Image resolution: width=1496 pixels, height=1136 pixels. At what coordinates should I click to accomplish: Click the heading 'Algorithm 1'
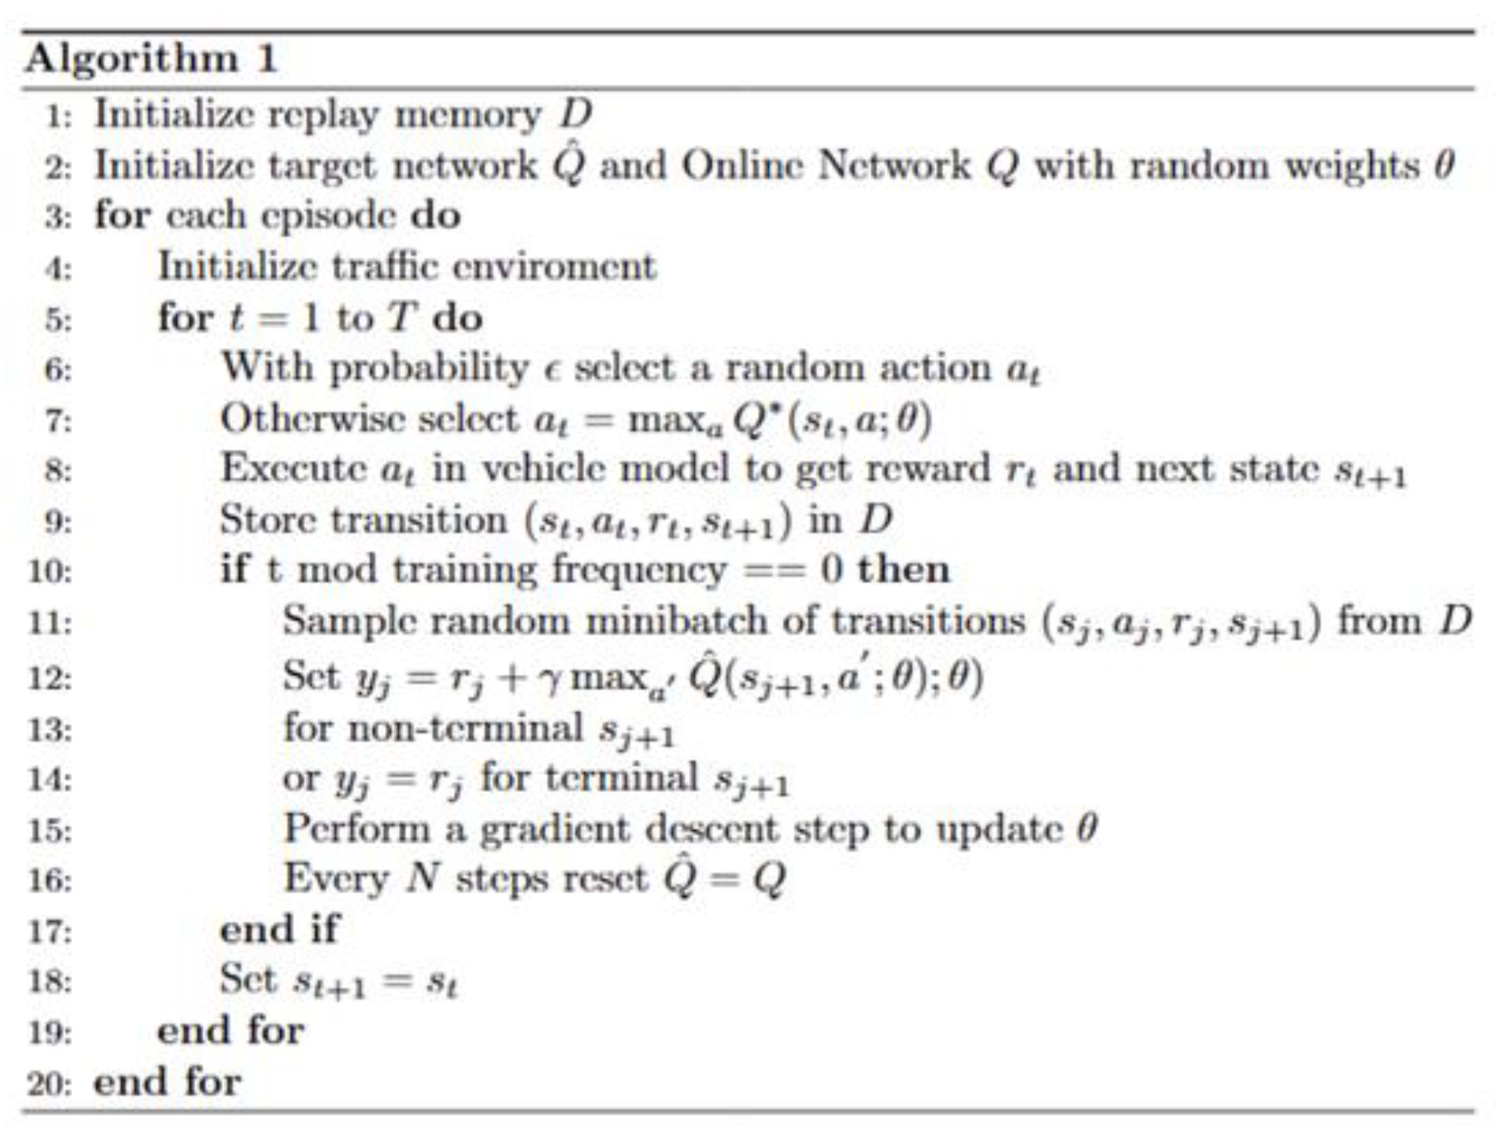click(150, 60)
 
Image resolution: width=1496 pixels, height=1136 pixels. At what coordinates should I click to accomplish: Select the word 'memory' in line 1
click(467, 116)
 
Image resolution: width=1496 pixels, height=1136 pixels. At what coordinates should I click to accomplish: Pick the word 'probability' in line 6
click(429, 368)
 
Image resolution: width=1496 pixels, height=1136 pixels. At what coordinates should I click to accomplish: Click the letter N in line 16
click(422, 879)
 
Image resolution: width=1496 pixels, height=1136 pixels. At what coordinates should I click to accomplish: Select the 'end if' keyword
click(279, 930)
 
